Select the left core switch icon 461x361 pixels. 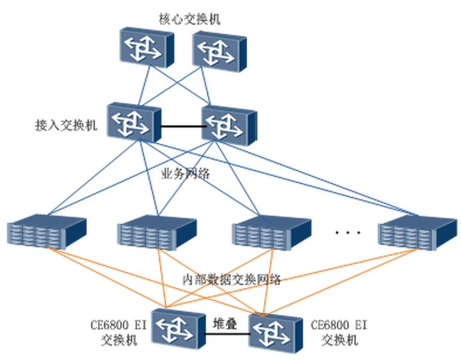(145, 47)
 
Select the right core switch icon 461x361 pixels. (218, 49)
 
